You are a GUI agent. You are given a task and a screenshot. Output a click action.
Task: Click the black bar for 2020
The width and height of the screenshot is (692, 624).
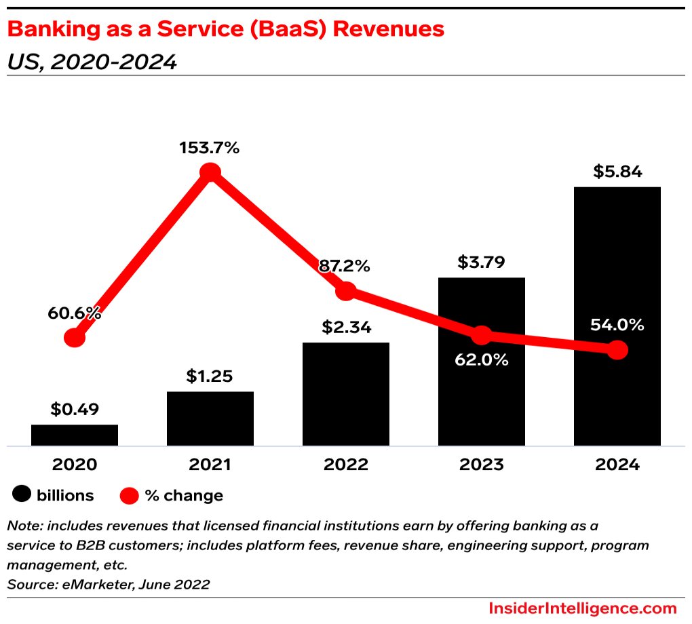click(x=75, y=435)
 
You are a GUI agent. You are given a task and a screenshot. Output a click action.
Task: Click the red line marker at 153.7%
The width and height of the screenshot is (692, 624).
click(x=210, y=173)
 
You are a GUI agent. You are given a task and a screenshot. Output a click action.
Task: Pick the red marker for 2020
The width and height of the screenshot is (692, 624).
click(x=75, y=338)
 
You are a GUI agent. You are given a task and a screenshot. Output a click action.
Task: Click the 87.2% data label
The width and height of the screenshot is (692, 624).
click(x=345, y=266)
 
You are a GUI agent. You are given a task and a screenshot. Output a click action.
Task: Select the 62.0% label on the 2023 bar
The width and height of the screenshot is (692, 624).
click(x=482, y=359)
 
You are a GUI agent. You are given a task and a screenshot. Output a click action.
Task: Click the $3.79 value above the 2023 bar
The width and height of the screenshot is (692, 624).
click(x=482, y=262)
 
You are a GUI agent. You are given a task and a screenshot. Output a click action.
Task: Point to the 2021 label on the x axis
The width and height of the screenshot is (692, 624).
click(x=210, y=465)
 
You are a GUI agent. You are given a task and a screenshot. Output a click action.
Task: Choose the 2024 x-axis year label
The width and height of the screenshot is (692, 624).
click(x=617, y=465)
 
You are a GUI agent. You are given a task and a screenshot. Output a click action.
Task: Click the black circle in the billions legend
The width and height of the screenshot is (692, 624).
click(x=22, y=496)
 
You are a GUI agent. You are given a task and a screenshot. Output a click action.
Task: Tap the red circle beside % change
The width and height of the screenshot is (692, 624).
click(x=130, y=496)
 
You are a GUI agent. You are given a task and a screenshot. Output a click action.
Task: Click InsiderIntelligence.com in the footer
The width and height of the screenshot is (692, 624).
click(x=582, y=608)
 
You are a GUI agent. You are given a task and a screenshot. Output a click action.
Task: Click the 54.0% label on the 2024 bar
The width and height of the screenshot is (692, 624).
click(x=617, y=325)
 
